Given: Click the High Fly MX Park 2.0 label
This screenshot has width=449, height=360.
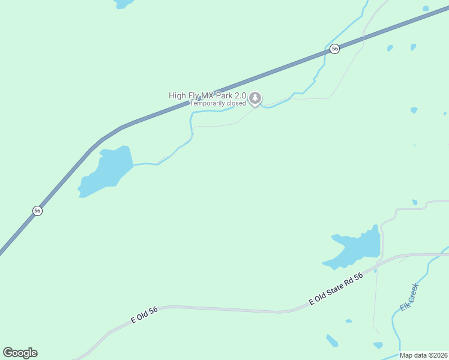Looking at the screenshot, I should pyautogui.click(x=207, y=95).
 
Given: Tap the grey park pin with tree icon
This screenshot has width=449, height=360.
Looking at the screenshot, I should pyautogui.click(x=255, y=98).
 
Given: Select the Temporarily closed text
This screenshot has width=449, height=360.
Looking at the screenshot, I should pyautogui.click(x=218, y=103).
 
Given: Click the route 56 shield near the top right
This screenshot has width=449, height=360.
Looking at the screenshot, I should pyautogui.click(x=335, y=49).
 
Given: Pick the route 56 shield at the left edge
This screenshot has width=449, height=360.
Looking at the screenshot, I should pyautogui.click(x=37, y=211).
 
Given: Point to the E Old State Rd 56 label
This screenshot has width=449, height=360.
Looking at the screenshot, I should pyautogui.click(x=336, y=289).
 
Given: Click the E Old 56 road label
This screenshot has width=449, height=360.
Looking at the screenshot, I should pyautogui.click(x=144, y=316).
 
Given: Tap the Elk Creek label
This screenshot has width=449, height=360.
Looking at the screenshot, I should pyautogui.click(x=408, y=297).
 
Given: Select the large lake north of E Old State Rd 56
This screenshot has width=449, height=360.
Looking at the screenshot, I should pyautogui.click(x=357, y=247).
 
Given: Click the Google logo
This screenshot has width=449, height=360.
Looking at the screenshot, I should pyautogui.click(x=20, y=353).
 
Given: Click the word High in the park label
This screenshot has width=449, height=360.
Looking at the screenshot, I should pyautogui.click(x=177, y=95).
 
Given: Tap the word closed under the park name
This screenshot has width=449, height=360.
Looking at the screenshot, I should pyautogui.click(x=236, y=103).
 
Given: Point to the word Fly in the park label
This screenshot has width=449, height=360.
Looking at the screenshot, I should pyautogui.click(x=193, y=95).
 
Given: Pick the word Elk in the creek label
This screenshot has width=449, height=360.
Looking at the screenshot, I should pyautogui.click(x=403, y=307).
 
